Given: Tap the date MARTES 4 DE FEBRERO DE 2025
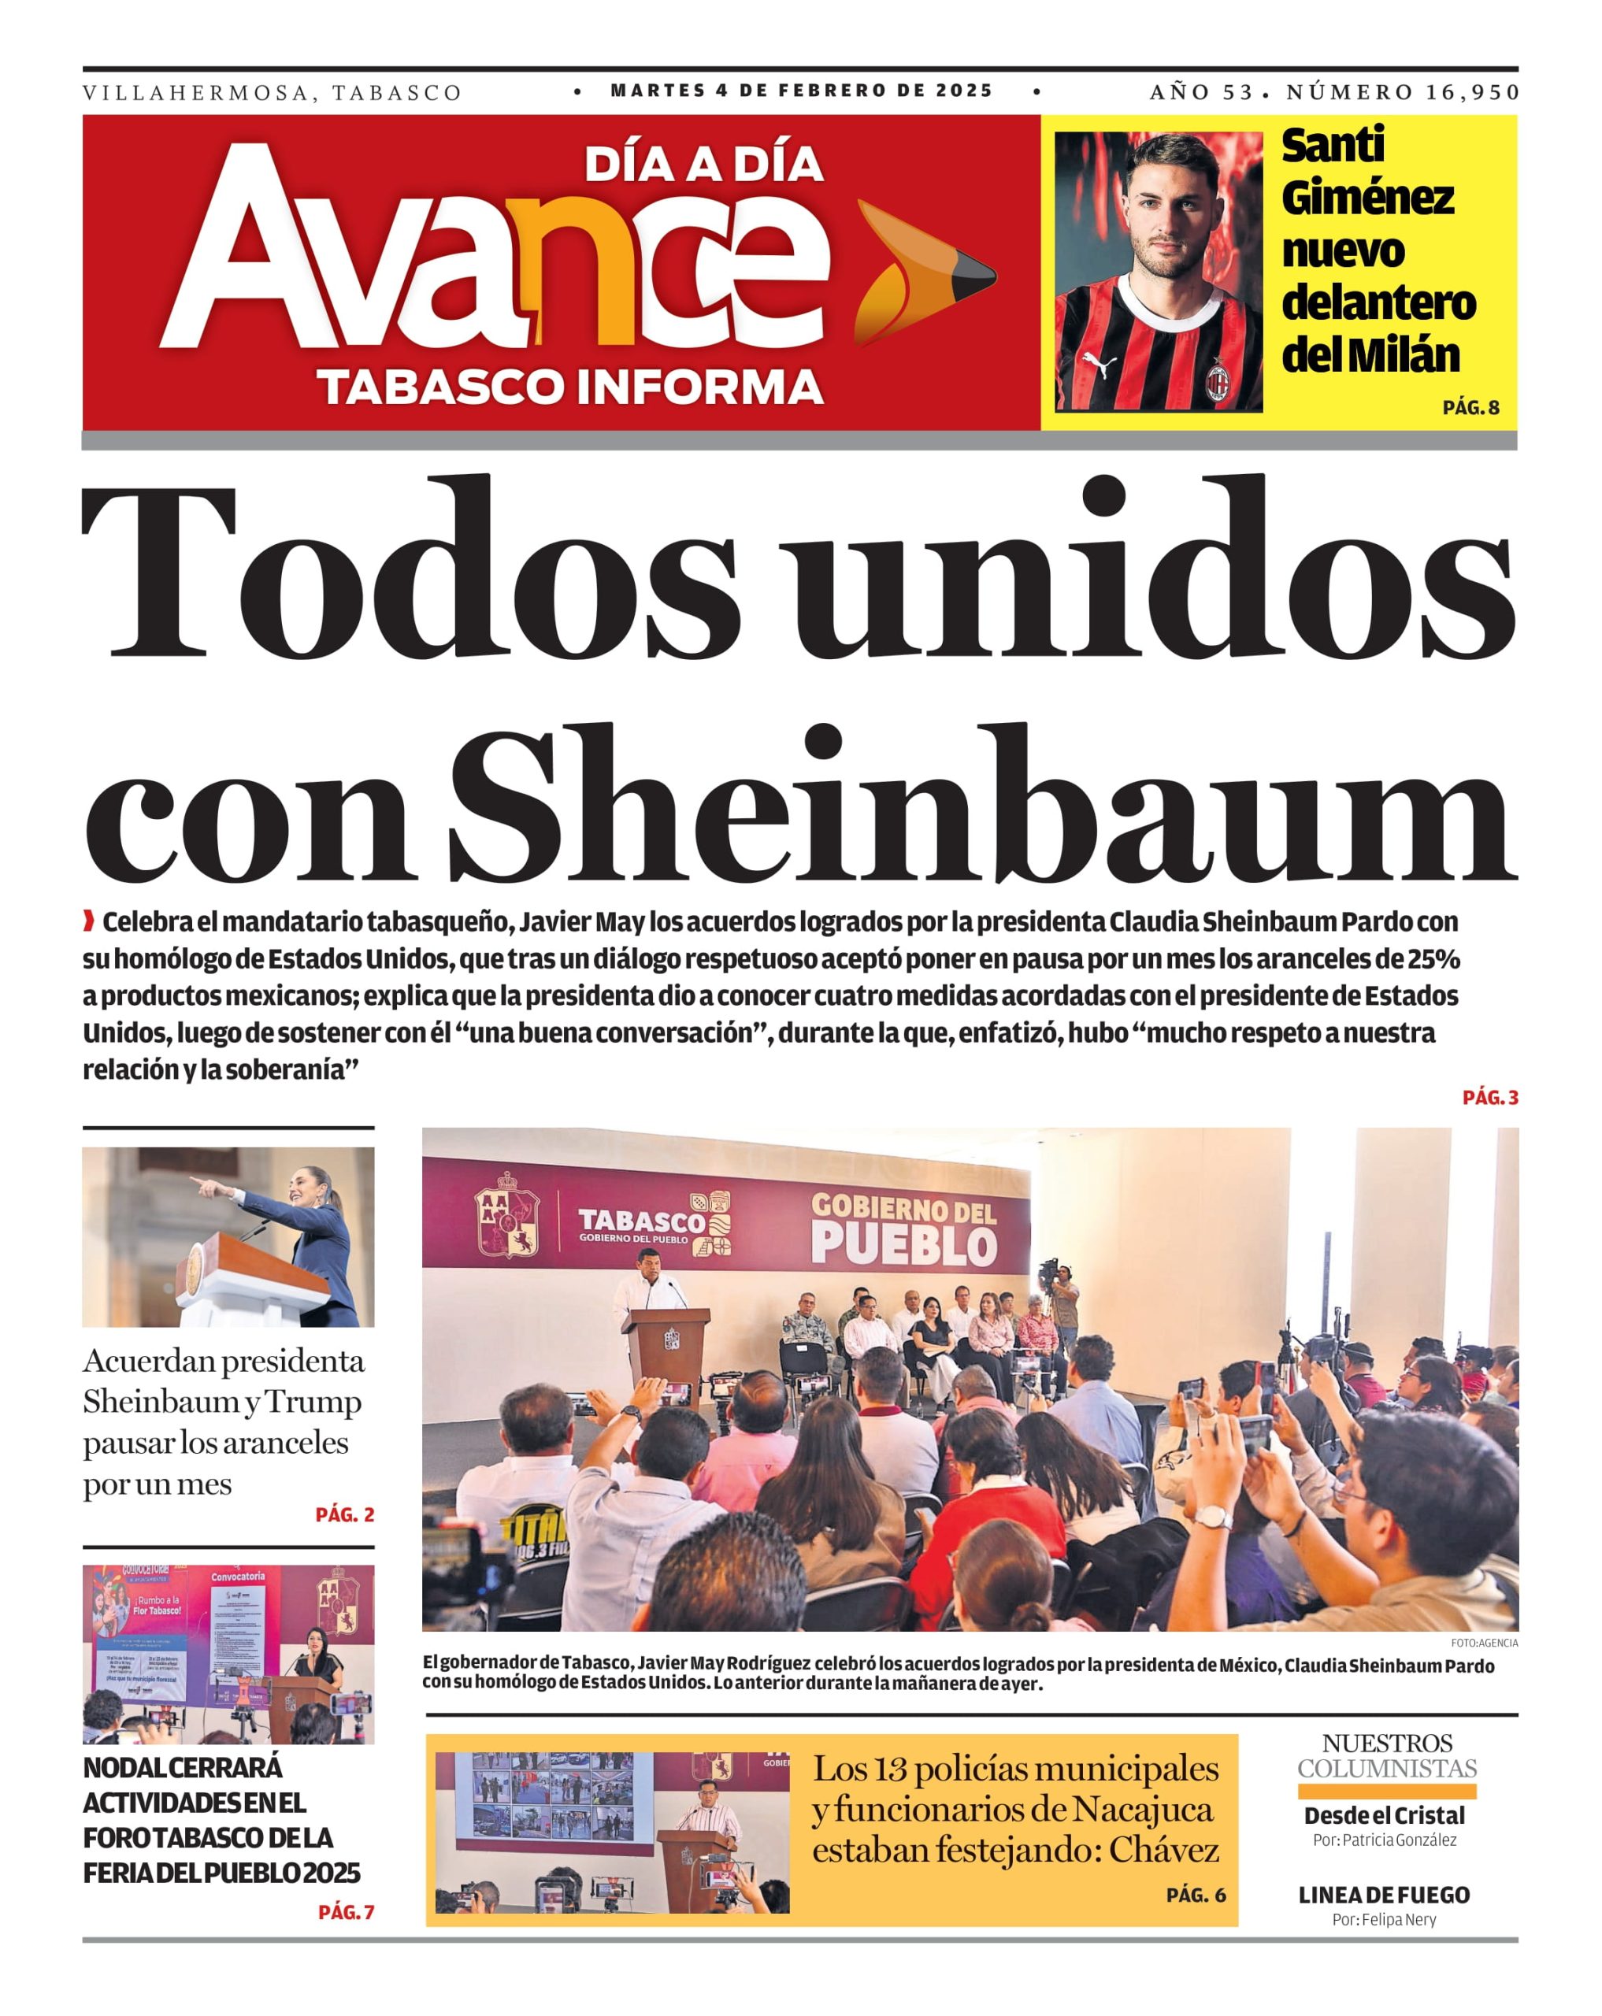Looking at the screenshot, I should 802,91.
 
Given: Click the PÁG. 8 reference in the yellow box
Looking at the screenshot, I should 1470,408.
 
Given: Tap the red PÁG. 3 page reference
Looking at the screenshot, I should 1490,1098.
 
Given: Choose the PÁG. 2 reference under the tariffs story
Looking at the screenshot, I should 344,1515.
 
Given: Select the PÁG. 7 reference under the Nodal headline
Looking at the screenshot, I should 346,1912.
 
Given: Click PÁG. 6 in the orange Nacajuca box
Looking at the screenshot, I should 1195,1895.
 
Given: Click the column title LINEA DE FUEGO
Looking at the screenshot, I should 1383,1895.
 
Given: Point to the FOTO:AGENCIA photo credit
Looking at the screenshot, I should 1484,1643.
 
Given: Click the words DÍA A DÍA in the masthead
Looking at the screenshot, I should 703,165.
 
